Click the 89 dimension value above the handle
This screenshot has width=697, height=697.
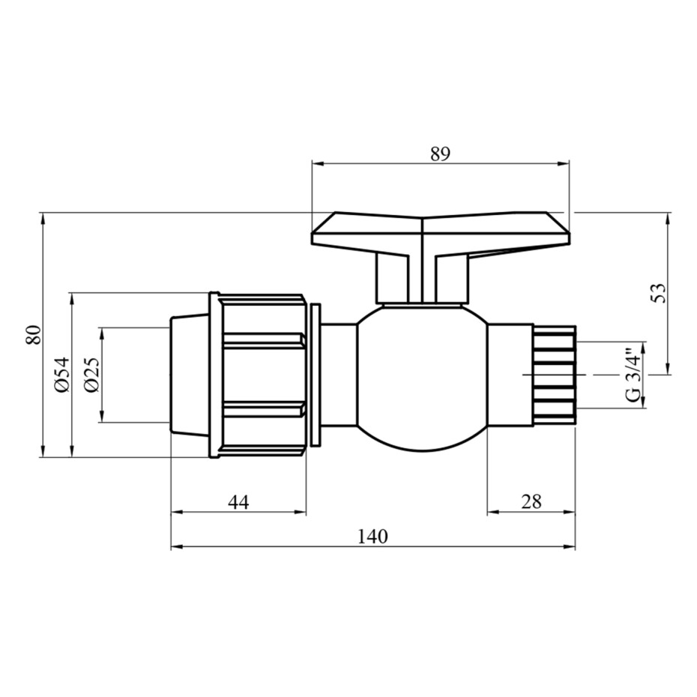click(440, 154)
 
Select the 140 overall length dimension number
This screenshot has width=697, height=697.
click(372, 537)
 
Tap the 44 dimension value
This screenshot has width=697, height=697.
click(239, 502)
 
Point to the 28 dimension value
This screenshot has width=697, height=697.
click(531, 502)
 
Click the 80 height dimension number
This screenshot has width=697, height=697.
click(34, 335)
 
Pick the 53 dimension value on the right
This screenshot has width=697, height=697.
click(659, 293)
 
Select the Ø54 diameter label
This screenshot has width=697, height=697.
click(63, 374)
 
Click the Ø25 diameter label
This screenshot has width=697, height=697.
click(92, 375)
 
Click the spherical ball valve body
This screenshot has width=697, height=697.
click(422, 378)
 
